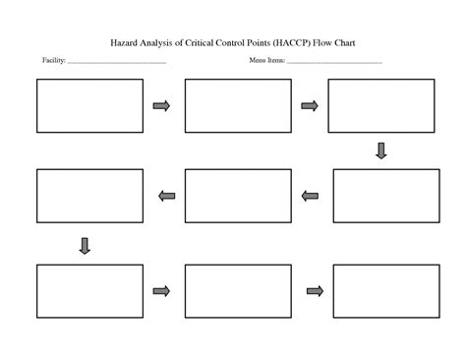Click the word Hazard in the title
[125, 43]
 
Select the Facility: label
[54, 61]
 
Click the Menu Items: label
[266, 61]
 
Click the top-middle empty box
[238, 105]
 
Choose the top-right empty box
[380, 105]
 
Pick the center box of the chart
[238, 196]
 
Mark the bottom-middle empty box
[238, 291]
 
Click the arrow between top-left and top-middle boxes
[161, 105]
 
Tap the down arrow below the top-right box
[381, 150]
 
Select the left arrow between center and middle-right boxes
[311, 196]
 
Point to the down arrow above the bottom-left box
[85, 246]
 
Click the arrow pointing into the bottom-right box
[315, 290]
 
